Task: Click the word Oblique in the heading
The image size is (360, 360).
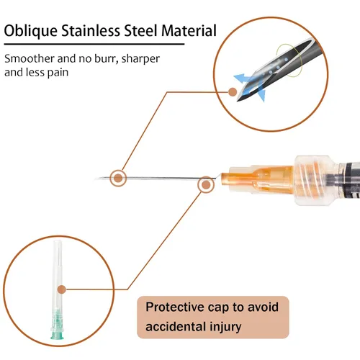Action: pyautogui.click(x=31, y=32)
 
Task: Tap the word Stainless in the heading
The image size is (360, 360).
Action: pyautogui.click(x=91, y=31)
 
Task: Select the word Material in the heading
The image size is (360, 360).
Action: pyautogui.click(x=189, y=31)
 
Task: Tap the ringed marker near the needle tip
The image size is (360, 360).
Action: pyautogui.click(x=118, y=178)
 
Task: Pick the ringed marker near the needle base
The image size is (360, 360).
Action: pyautogui.click(x=206, y=184)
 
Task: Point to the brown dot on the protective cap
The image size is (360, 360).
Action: pyautogui.click(x=62, y=289)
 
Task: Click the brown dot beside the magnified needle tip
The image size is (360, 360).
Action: pyautogui.click(x=233, y=92)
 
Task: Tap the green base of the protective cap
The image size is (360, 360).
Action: pyautogui.click(x=57, y=325)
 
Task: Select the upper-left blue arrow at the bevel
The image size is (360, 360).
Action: pyautogui.click(x=243, y=78)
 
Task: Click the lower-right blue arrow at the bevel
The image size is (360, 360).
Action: pyautogui.click(x=261, y=93)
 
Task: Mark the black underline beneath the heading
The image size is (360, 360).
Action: pyautogui.click(x=94, y=44)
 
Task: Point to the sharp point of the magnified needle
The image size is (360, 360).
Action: pyautogui.click(x=238, y=101)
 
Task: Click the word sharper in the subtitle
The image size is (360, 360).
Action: pyautogui.click(x=140, y=59)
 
